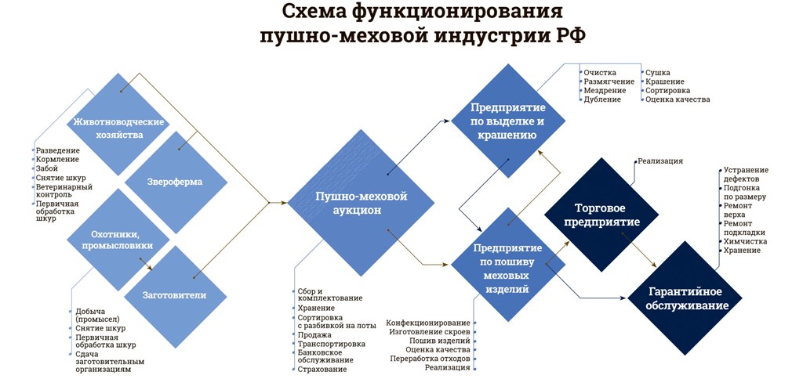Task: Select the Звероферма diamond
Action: click(x=175, y=182)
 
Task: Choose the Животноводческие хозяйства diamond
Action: click(x=118, y=128)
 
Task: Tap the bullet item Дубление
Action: click(x=602, y=99)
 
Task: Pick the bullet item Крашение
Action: click(x=664, y=81)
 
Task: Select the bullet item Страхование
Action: click(x=322, y=369)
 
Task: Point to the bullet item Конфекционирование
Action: click(x=428, y=323)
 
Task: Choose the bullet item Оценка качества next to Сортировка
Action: click(x=677, y=99)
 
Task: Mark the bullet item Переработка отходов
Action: click(x=430, y=358)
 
